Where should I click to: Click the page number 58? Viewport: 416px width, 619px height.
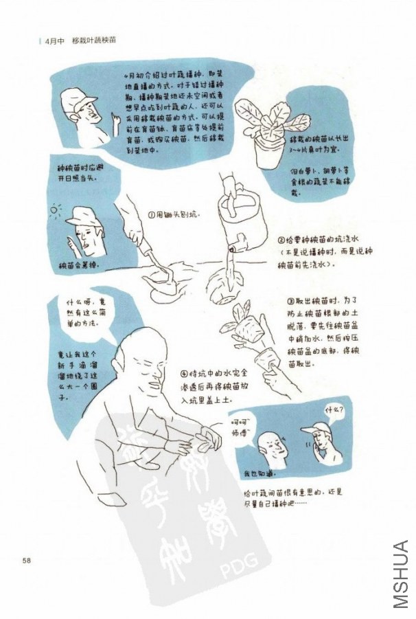(27, 560)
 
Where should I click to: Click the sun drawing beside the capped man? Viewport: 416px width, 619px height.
(56, 208)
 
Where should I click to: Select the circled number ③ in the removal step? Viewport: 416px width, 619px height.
(290, 302)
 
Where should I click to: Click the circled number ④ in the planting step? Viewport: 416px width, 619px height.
(184, 374)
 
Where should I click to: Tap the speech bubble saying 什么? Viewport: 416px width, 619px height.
(334, 410)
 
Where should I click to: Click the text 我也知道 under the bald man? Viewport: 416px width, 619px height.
(259, 474)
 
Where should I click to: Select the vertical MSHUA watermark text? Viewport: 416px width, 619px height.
(401, 574)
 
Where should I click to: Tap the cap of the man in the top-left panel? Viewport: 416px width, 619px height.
(73, 102)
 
